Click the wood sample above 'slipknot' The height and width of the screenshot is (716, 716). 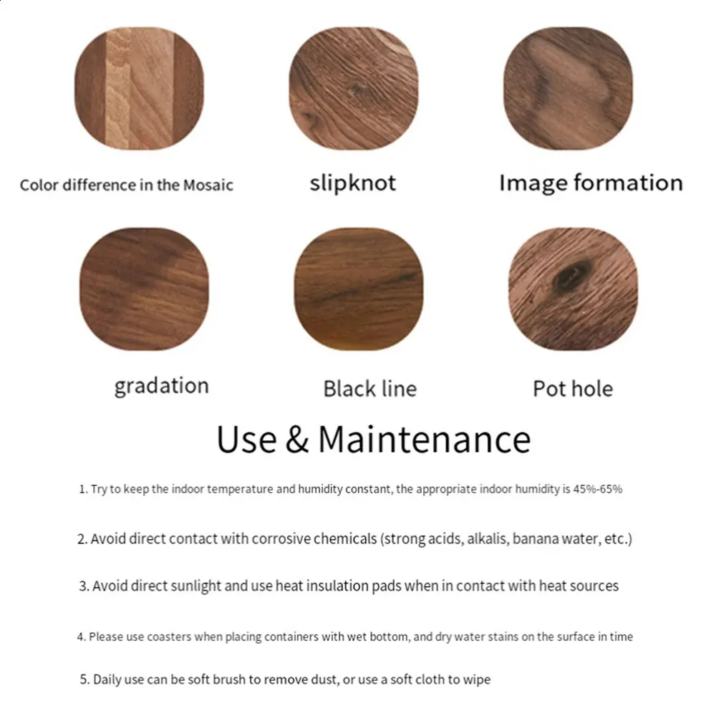pos(354,88)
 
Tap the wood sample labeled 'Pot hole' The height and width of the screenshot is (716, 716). pos(573,289)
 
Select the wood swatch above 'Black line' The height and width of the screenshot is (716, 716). pos(359,289)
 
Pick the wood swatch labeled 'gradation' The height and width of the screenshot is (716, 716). pos(144,289)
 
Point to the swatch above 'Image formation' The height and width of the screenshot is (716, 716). pos(568,88)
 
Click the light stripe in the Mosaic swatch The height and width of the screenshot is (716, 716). pos(140,88)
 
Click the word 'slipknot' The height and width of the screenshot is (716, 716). pos(352,183)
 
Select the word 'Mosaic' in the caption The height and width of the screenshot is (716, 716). pos(208,185)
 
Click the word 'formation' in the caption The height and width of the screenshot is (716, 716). pos(629,183)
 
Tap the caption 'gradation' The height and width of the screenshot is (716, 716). pos(162,387)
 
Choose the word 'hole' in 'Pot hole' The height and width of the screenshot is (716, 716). pos(592,389)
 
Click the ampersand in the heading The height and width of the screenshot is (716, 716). pos(297,439)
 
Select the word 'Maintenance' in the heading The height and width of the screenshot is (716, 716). pos(424,439)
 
